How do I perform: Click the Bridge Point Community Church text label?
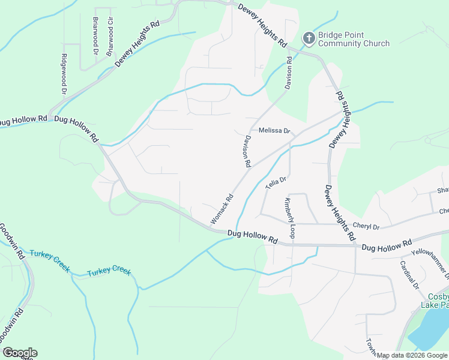(x=354, y=39)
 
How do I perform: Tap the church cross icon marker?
(x=309, y=39)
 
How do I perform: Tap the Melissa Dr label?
(x=274, y=131)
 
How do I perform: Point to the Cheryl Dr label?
(x=366, y=227)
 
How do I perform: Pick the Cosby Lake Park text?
(x=438, y=301)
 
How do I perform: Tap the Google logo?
(x=19, y=353)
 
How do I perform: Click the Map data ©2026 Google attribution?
(x=412, y=355)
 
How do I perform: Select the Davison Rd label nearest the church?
(x=289, y=74)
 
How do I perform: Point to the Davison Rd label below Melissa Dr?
(x=246, y=150)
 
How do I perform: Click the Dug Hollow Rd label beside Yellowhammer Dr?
(x=387, y=245)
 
